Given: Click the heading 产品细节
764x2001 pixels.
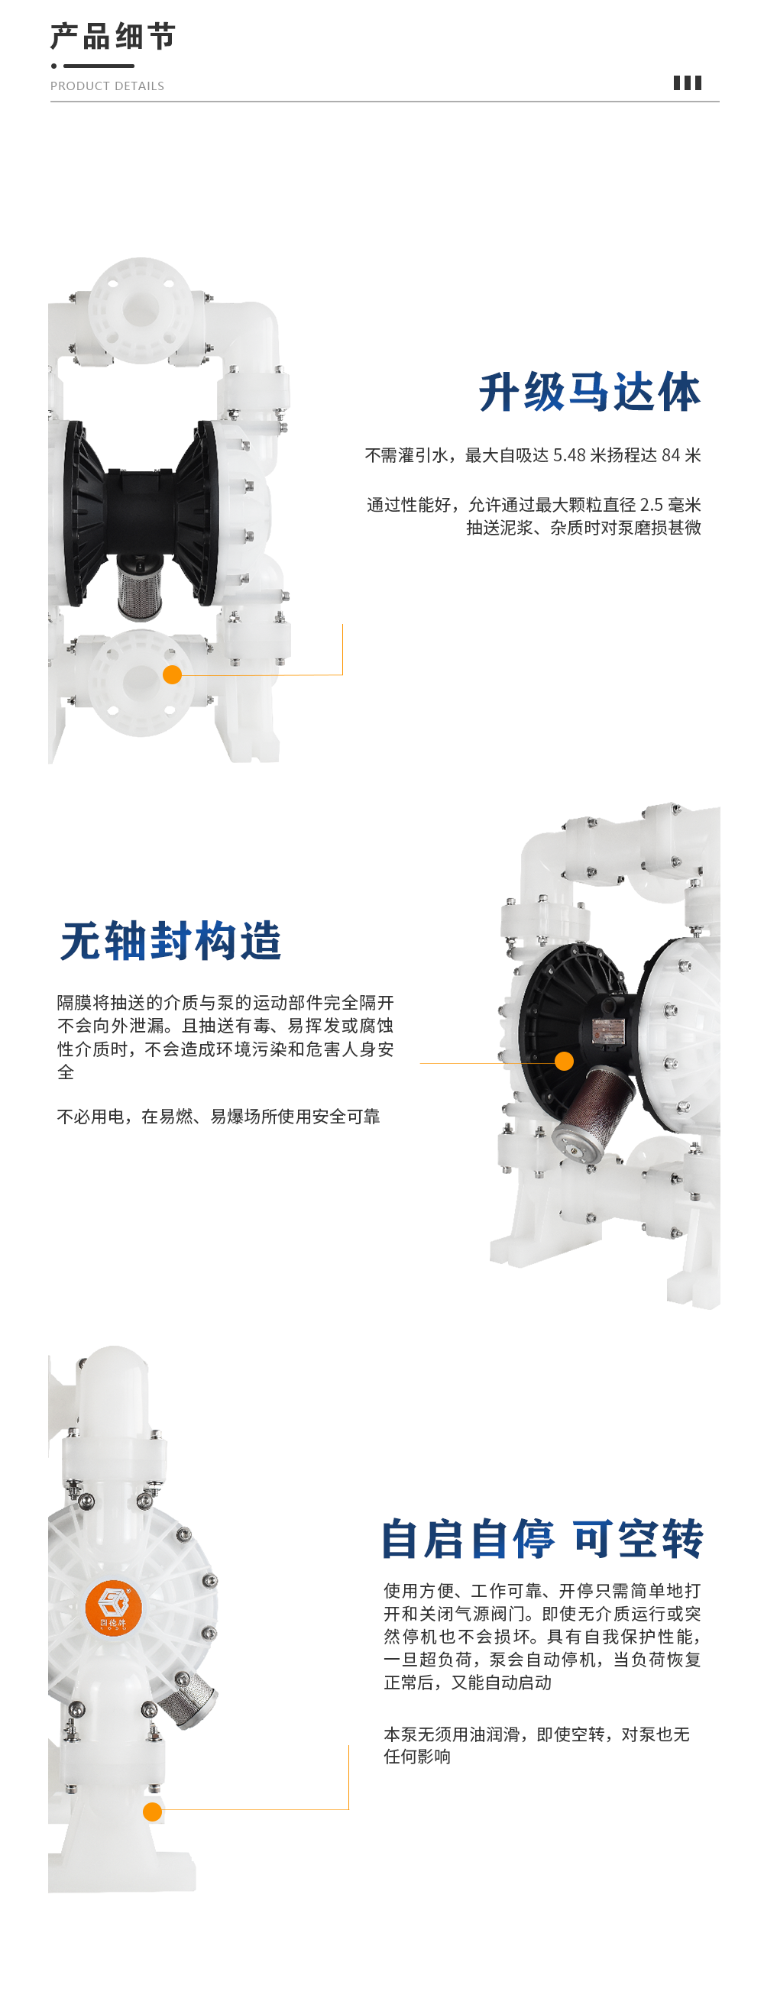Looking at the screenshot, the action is (113, 37).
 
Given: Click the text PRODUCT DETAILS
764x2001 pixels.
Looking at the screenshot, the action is (107, 86).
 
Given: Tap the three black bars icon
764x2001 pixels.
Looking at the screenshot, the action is (687, 83).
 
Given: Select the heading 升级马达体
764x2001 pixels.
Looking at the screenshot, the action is (590, 392).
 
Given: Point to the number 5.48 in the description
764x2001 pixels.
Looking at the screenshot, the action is (569, 455).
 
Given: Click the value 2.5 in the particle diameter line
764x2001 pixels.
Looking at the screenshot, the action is (651, 505).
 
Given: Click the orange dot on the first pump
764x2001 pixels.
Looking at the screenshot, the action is (173, 674).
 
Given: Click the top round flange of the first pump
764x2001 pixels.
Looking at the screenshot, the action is (141, 310).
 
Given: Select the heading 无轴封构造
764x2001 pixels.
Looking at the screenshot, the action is (171, 941).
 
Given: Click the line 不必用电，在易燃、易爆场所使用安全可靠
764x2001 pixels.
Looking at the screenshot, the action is (219, 1117).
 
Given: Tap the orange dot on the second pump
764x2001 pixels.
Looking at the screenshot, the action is (565, 1061).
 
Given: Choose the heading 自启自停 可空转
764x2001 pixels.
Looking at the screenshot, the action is (542, 1539).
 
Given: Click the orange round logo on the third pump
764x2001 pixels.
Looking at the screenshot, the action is (114, 1607).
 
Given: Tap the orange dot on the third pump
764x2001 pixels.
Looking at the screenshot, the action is (152, 1812).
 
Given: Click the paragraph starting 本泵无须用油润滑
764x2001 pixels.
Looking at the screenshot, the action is (536, 1744).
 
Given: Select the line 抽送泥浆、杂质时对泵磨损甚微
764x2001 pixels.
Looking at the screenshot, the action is (584, 528).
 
